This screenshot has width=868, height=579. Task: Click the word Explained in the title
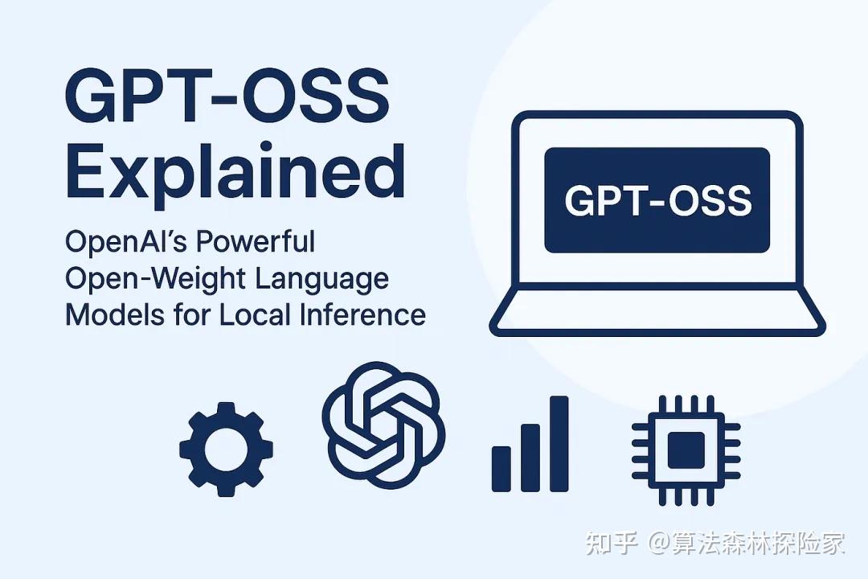coord(234,173)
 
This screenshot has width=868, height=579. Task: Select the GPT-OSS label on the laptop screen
coord(657,200)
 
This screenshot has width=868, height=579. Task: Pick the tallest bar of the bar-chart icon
coord(559,443)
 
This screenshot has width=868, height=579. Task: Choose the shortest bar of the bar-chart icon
coord(502,468)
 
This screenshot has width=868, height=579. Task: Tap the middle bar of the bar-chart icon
coord(530,457)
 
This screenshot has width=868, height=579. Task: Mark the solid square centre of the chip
coord(686,447)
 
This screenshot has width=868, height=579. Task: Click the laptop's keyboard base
coord(657,312)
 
